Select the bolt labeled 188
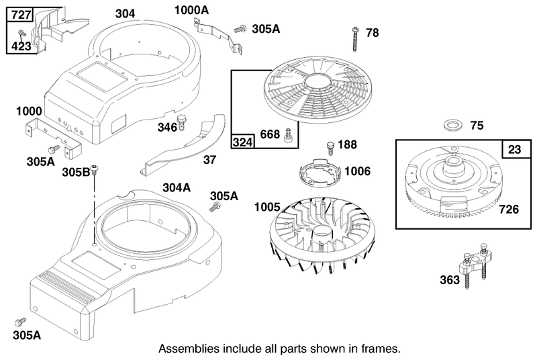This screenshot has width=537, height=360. tap(331, 148)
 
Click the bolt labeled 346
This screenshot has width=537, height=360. tap(182, 123)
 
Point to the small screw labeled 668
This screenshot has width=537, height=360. tap(287, 134)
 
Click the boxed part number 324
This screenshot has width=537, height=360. tap(243, 141)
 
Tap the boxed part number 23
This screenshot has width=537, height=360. tap(514, 149)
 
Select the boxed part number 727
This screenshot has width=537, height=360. tap(21, 15)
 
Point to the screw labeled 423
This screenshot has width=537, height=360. tap(23, 33)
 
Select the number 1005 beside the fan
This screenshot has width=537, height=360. tap(267, 207)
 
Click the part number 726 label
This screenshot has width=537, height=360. tap(509, 209)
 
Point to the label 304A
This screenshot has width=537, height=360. tap(177, 187)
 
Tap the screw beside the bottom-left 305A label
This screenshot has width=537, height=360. tap(21, 322)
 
